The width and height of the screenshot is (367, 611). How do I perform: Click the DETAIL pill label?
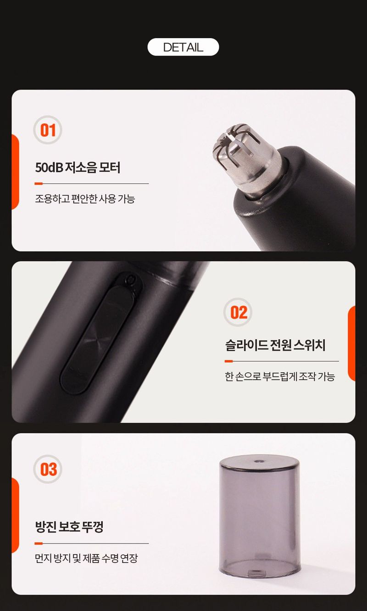coord(183,47)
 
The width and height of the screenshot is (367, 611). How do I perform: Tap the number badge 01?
coord(48,130)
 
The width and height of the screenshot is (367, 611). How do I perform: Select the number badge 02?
coord(239,313)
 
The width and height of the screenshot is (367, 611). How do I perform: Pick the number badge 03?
coord(48,469)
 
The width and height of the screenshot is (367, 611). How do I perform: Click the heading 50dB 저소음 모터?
coord(78,168)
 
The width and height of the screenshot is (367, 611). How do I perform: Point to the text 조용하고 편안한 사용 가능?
coord(85,199)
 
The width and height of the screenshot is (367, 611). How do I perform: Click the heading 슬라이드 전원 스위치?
coord(275,345)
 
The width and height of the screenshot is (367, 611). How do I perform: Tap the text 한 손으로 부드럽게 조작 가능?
coord(280,377)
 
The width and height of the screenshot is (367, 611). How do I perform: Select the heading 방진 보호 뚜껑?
coord(69,527)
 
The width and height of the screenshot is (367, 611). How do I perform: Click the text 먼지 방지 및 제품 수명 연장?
coord(86,558)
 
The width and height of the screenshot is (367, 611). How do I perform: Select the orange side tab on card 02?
coord(351,343)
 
